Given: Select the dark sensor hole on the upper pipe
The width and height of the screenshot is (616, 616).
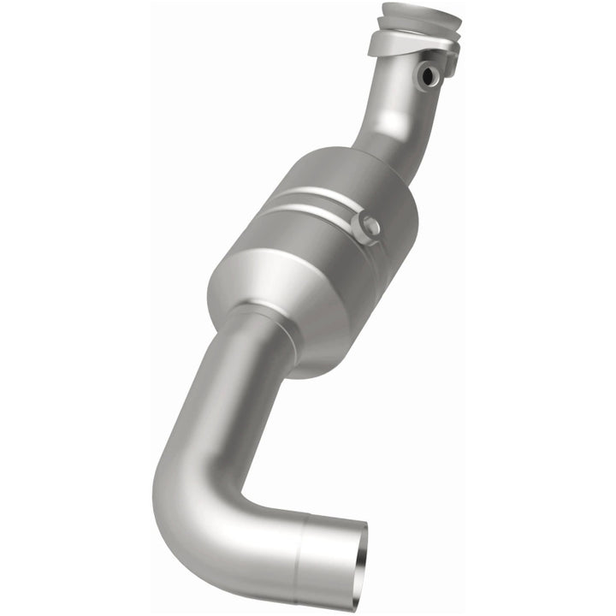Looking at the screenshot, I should (x=425, y=76).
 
